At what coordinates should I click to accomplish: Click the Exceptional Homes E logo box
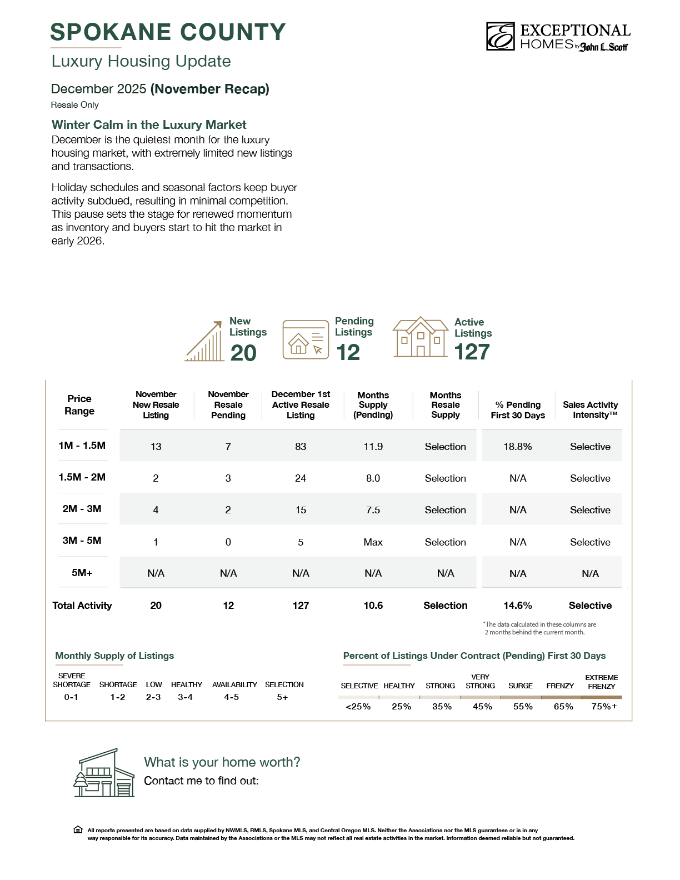501,37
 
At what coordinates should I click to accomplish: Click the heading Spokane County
168,32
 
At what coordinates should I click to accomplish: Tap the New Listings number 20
243,353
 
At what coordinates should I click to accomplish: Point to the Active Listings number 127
472,352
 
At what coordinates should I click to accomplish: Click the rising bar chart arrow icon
204,341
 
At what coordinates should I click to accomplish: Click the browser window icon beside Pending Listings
306,339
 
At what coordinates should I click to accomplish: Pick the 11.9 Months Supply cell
373,447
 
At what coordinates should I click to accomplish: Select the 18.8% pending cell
518,447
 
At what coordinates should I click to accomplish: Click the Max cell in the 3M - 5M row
373,542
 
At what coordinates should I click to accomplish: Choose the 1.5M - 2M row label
82,477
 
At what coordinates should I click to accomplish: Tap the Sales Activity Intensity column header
590,410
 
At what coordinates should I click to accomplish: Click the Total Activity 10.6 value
373,606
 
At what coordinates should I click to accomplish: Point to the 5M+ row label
82,573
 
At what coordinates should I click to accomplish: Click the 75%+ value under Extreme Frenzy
604,707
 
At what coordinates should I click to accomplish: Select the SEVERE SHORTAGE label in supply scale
72,680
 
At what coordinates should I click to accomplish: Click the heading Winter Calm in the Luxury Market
149,125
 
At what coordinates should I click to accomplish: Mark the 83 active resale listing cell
301,447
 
